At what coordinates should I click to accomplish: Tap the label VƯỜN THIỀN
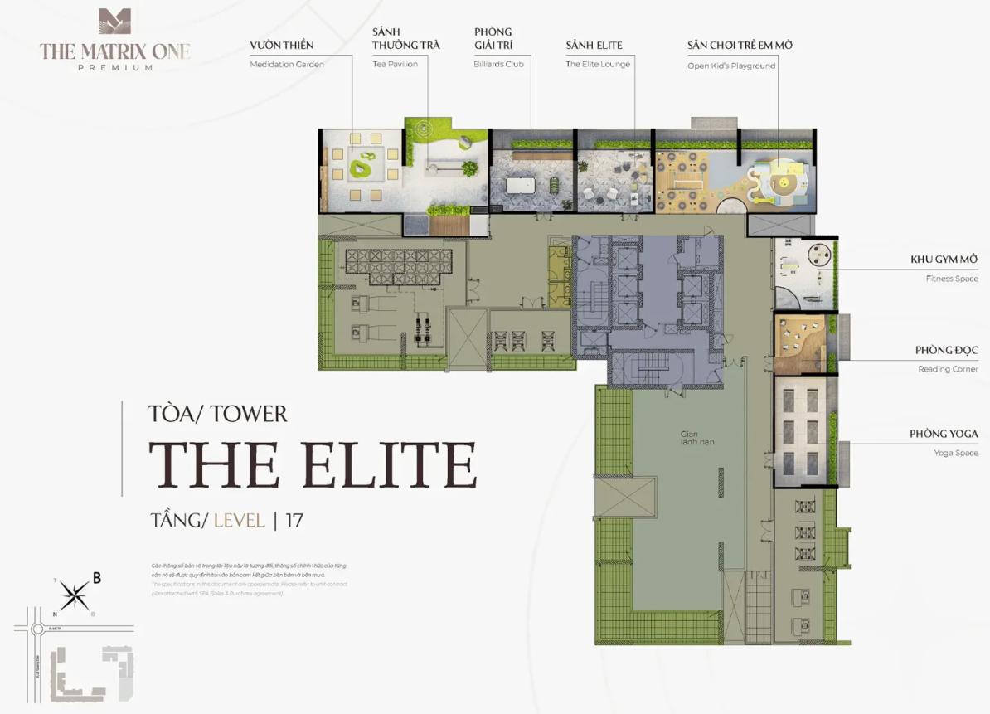pyautogui.click(x=281, y=46)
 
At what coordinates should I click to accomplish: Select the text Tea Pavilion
pyautogui.click(x=395, y=64)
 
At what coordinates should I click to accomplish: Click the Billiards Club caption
pyautogui.click(x=498, y=64)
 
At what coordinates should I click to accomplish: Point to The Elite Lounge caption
pyautogui.click(x=598, y=64)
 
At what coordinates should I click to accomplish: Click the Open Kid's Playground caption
pyautogui.click(x=731, y=66)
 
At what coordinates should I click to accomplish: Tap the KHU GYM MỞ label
pyautogui.click(x=944, y=260)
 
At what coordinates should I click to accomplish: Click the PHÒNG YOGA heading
pyautogui.click(x=944, y=434)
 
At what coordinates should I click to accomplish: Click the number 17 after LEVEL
pyautogui.click(x=294, y=521)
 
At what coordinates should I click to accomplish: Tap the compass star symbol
pyautogui.click(x=75, y=594)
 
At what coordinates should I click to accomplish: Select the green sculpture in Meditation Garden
pyautogui.click(x=361, y=169)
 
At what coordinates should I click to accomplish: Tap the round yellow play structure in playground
pyautogui.click(x=781, y=183)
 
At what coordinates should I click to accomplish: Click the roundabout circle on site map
pyautogui.click(x=37, y=629)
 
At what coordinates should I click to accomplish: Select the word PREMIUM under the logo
pyautogui.click(x=114, y=68)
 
